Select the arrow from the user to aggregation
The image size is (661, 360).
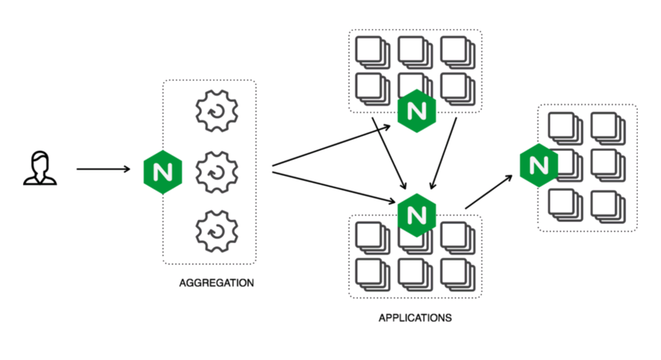(x=103, y=170)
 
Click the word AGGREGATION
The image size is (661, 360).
(x=216, y=283)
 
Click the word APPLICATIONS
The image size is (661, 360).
(x=415, y=318)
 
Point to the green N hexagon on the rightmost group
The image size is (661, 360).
(x=539, y=165)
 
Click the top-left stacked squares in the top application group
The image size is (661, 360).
(x=372, y=51)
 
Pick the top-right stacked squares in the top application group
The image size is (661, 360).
(x=458, y=51)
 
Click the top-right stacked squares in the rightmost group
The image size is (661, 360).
(x=607, y=128)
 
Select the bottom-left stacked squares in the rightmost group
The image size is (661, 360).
(x=565, y=205)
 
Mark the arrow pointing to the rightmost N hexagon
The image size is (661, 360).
(x=491, y=192)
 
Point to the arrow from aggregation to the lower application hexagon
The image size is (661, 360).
(x=333, y=187)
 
